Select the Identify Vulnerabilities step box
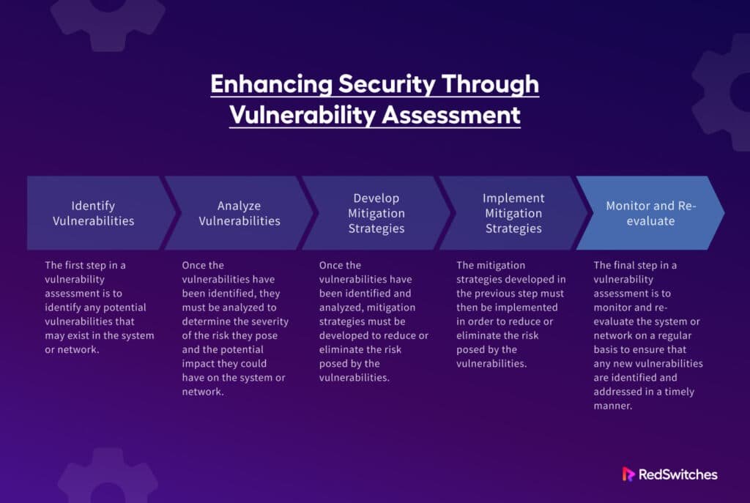[x=93, y=213]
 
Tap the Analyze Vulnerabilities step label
[x=240, y=213]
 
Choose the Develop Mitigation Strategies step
[x=377, y=213]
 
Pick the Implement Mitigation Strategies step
[x=513, y=213]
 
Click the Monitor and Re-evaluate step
[x=650, y=213]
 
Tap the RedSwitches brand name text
[x=677, y=474]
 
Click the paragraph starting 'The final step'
[x=647, y=335]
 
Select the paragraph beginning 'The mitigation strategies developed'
[x=511, y=314]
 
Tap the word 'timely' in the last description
[x=677, y=392]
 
